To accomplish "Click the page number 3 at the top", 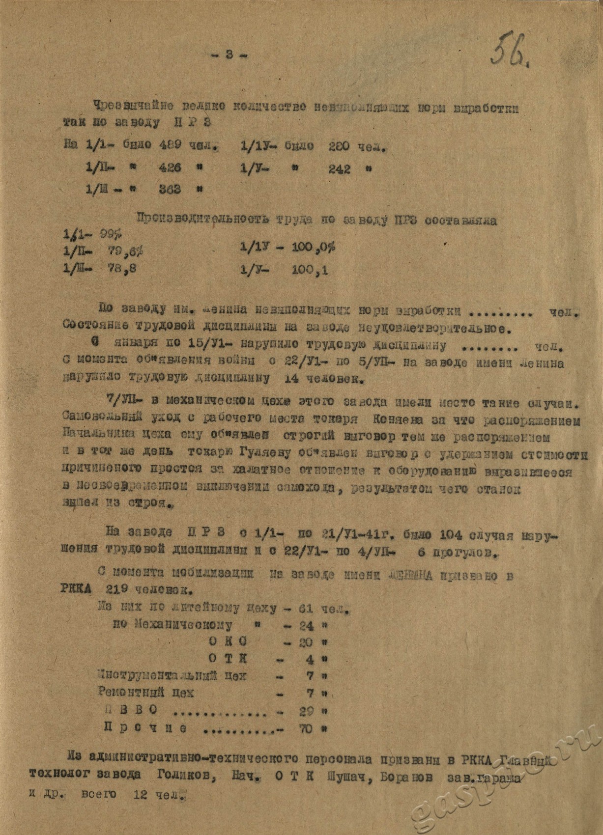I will [x=229, y=55].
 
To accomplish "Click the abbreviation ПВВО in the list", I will [x=131, y=710].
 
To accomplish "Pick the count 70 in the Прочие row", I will [x=305, y=729].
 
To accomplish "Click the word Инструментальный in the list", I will [x=157, y=676].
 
